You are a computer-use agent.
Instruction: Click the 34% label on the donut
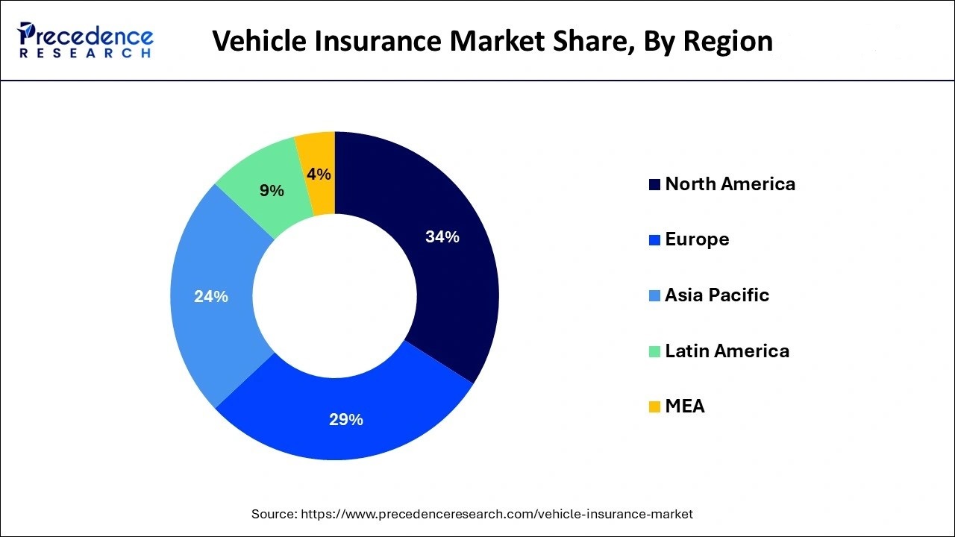[442, 237]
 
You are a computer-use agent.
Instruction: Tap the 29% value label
[345, 420]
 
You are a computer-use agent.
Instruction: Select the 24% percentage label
[210, 297]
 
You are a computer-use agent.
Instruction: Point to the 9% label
[272, 191]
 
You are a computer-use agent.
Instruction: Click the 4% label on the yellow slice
[319, 175]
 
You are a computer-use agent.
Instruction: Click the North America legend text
[730, 184]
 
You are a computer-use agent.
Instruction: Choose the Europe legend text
[697, 239]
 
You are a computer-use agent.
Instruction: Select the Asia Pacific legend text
[716, 295]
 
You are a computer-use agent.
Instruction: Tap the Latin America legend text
[727, 351]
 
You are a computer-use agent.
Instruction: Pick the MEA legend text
[684, 406]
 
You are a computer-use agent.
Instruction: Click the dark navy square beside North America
[654, 185]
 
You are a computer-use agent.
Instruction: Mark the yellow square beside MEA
[654, 407]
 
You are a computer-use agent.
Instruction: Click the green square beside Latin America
[654, 351]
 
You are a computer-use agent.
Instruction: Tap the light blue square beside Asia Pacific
[654, 296]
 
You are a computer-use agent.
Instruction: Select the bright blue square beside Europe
[654, 240]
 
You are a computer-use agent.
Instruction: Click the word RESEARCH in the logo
[86, 53]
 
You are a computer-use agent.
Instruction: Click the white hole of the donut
[335, 296]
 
